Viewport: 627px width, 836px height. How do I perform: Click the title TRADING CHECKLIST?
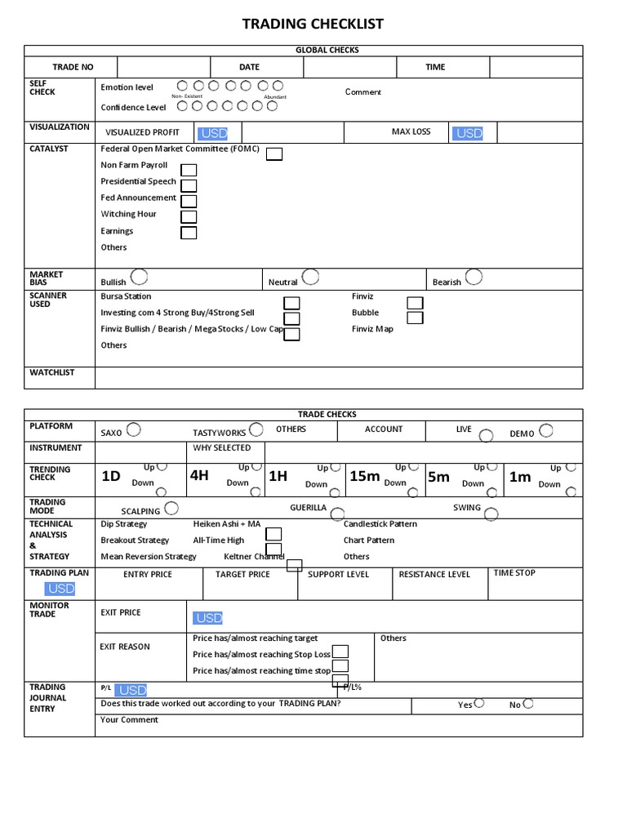[x=313, y=24]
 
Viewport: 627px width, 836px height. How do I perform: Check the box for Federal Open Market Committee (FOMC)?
[x=274, y=154]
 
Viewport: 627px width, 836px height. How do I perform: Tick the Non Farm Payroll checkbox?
[x=189, y=171]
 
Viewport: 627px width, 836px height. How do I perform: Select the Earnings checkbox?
[x=189, y=233]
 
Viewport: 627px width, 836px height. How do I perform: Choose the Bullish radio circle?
[x=139, y=276]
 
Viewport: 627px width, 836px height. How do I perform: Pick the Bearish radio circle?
[x=474, y=276]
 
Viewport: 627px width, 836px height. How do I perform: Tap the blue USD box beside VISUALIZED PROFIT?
[x=212, y=133]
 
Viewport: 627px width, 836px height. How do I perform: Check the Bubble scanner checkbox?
[x=415, y=318]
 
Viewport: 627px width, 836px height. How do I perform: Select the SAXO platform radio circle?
[x=134, y=429]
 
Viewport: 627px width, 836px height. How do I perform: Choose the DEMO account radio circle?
[x=546, y=429]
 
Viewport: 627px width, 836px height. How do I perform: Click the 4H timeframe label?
[x=199, y=475]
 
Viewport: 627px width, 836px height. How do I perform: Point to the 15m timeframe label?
[x=364, y=476]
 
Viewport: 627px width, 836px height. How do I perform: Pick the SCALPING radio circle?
[x=171, y=509]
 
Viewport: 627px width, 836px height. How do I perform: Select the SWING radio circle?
[x=491, y=513]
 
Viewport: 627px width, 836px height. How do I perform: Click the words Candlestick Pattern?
[x=380, y=524]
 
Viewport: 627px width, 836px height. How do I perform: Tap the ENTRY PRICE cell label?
[x=148, y=575]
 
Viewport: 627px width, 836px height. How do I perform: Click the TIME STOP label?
[x=514, y=573]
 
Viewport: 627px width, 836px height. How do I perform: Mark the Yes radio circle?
[x=479, y=702]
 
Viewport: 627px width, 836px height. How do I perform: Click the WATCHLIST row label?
[x=52, y=372]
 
